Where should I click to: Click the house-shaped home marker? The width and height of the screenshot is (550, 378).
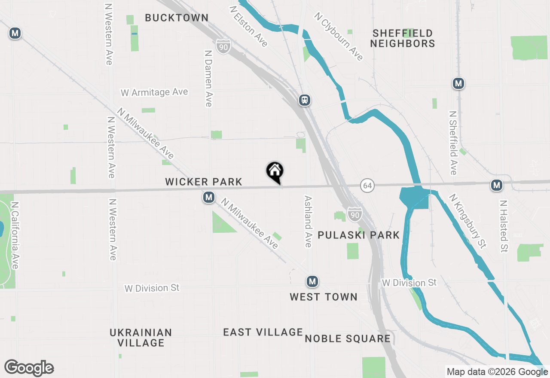point(275,172)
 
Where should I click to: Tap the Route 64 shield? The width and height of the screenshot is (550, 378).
point(367,186)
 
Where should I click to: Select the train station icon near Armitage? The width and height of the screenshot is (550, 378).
point(305,100)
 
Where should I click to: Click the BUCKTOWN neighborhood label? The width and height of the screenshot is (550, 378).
point(177,18)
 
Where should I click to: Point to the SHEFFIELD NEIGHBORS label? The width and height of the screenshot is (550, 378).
point(403,38)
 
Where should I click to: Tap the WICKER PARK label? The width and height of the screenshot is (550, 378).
point(204,182)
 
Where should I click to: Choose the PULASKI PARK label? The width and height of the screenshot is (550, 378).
point(359,235)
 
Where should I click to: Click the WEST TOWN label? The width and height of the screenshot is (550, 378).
point(323,297)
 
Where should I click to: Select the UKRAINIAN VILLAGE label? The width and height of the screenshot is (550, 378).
point(141,338)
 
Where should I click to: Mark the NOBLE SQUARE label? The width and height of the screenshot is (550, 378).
point(348,338)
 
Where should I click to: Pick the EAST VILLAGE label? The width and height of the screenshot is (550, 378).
point(263,332)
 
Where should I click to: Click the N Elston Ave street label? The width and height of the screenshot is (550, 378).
point(249,26)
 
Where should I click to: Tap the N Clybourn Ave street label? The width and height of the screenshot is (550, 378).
point(339,36)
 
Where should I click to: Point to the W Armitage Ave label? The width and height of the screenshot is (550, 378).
point(154,92)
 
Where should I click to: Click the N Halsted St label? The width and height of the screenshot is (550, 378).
point(504,226)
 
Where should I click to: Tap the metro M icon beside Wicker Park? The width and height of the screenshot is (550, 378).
point(209,198)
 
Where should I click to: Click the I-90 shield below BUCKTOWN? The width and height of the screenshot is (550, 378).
point(223,46)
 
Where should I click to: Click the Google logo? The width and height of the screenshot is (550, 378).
point(29,368)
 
